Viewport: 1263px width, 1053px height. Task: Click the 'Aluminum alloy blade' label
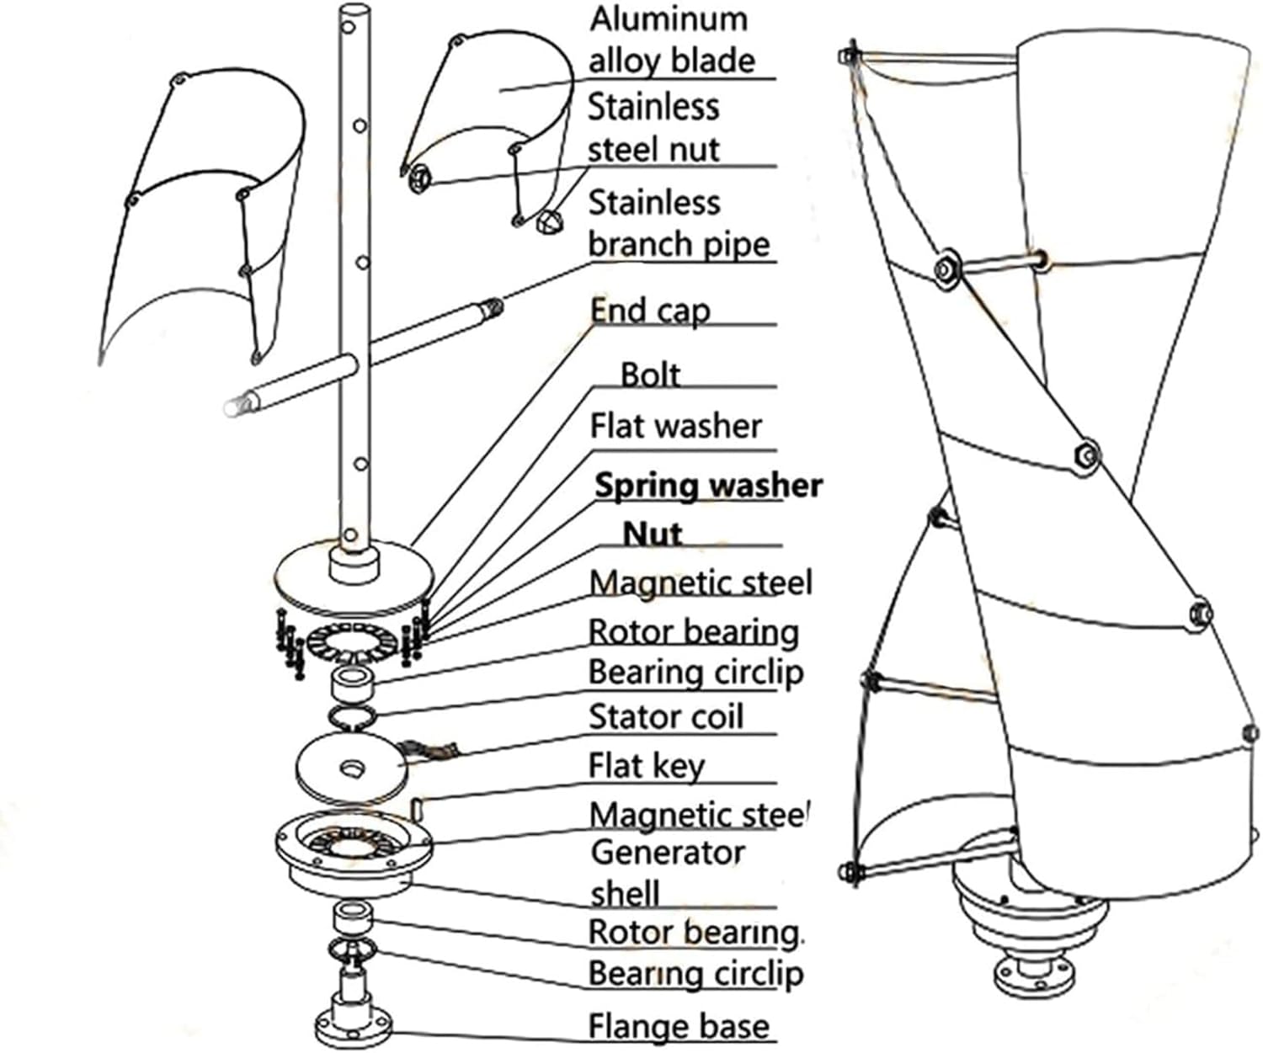click(x=671, y=40)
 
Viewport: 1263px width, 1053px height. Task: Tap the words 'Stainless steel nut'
click(x=653, y=128)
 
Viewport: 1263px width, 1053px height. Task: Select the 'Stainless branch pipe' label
click(x=678, y=223)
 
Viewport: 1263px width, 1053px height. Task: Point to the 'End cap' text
click(x=649, y=311)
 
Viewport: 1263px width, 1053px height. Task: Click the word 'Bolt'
click(x=649, y=375)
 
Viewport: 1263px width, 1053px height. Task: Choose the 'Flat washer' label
click(x=675, y=426)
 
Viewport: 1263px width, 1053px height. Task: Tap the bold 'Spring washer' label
click(x=708, y=486)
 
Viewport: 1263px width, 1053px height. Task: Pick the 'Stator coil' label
click(x=665, y=716)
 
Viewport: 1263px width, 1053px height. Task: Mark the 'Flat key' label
click(x=646, y=766)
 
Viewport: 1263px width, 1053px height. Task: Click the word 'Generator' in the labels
click(x=668, y=853)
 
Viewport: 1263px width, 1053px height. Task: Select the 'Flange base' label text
click(x=678, y=1027)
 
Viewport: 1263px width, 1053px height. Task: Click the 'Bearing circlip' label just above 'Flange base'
click(x=695, y=974)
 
